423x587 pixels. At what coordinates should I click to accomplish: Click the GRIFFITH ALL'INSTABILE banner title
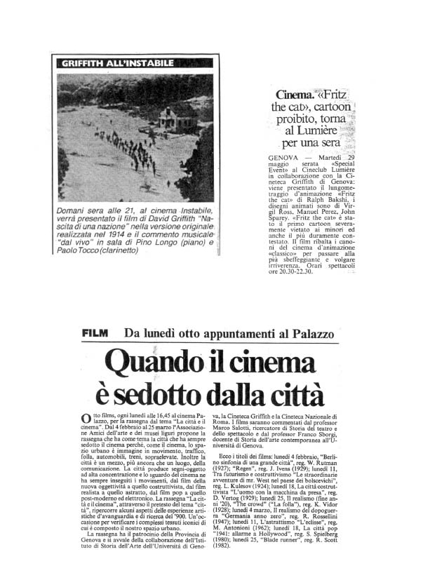click(117, 63)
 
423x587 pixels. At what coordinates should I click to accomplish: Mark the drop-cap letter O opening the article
click(86, 419)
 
